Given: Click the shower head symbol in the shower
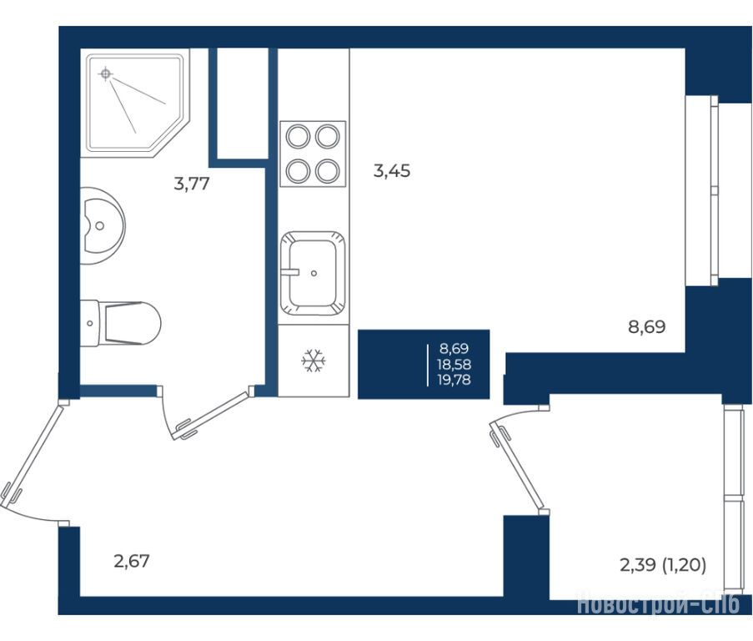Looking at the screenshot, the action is pyautogui.click(x=106, y=74).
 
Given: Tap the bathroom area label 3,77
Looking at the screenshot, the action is pyautogui.click(x=192, y=184).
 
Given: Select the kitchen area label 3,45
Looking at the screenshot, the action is pyautogui.click(x=392, y=170).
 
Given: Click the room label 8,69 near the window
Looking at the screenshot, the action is pyautogui.click(x=647, y=327).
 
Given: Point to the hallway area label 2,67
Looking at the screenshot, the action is pyautogui.click(x=132, y=561).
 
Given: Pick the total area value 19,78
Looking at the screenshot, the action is pyautogui.click(x=454, y=380).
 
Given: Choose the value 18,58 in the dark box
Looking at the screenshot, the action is pyautogui.click(x=454, y=364).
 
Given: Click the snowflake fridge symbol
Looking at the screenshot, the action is pyautogui.click(x=314, y=361).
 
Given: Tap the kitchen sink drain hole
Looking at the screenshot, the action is pyautogui.click(x=314, y=274).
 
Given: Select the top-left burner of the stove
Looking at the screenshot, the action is pyautogui.click(x=298, y=137).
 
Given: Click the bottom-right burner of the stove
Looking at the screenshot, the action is pyautogui.click(x=328, y=171).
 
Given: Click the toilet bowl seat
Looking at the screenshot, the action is pyautogui.click(x=133, y=323).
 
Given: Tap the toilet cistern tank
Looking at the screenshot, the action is pyautogui.click(x=90, y=323).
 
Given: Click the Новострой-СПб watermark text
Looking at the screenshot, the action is pyautogui.click(x=659, y=604).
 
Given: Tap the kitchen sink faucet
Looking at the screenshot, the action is pyautogui.click(x=290, y=272).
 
